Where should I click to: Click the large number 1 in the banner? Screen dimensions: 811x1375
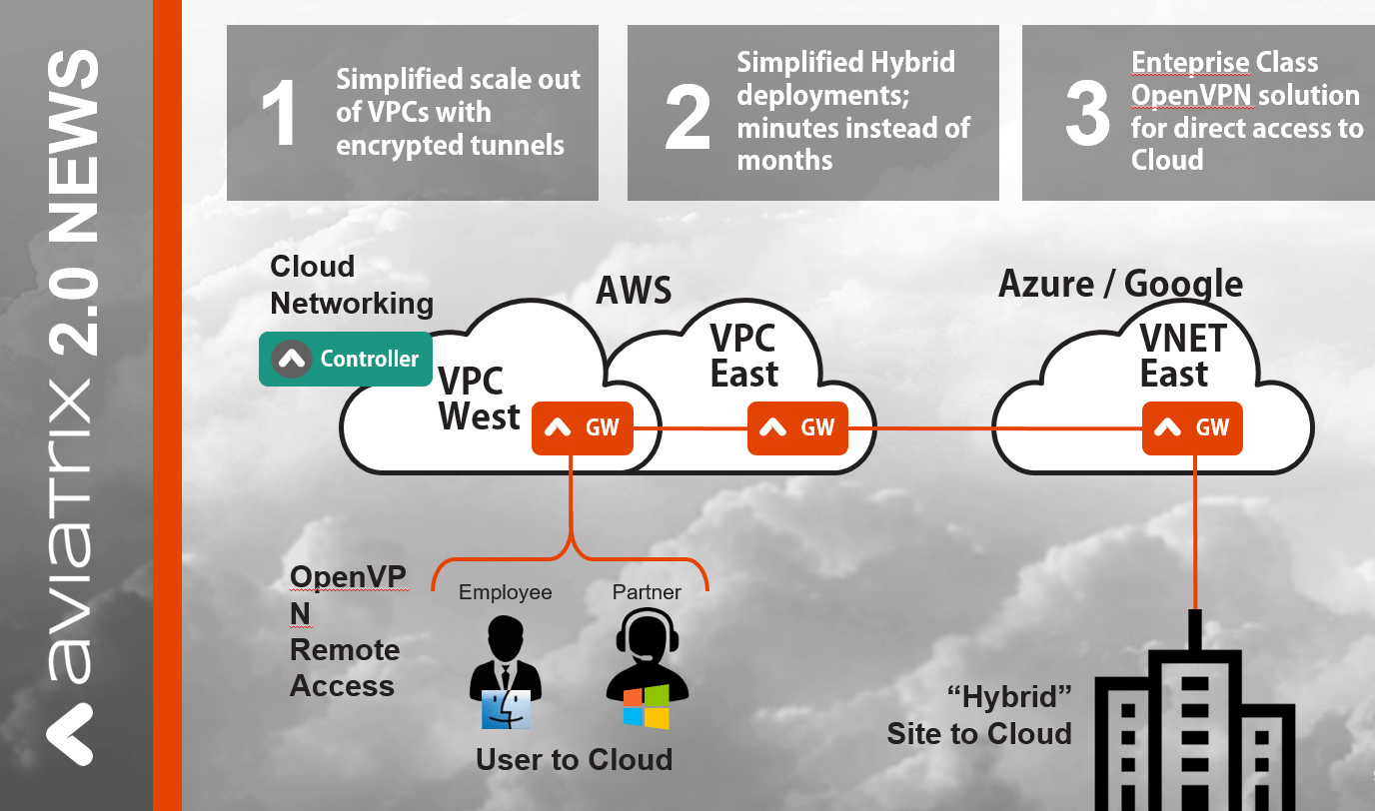(279, 114)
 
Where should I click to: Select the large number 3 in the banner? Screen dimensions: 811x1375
(1087, 114)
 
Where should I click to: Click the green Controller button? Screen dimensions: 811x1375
(346, 359)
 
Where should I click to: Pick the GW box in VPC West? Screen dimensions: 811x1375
(583, 428)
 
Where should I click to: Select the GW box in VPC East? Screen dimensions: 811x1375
(797, 428)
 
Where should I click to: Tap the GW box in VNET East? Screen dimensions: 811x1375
(1192, 428)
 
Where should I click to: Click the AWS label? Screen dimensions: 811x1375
(634, 291)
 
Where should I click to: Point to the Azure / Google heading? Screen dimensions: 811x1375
(1120, 285)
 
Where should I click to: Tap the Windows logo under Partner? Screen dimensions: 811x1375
(646, 706)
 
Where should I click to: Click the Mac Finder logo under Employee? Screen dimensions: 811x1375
(506, 708)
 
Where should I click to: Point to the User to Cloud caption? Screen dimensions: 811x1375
(574, 760)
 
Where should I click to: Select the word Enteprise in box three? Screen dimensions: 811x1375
(1189, 63)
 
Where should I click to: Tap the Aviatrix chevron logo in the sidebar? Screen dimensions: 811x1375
(73, 734)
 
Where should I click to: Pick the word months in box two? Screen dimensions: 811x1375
(784, 160)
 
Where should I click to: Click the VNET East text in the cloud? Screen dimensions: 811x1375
(1182, 357)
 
